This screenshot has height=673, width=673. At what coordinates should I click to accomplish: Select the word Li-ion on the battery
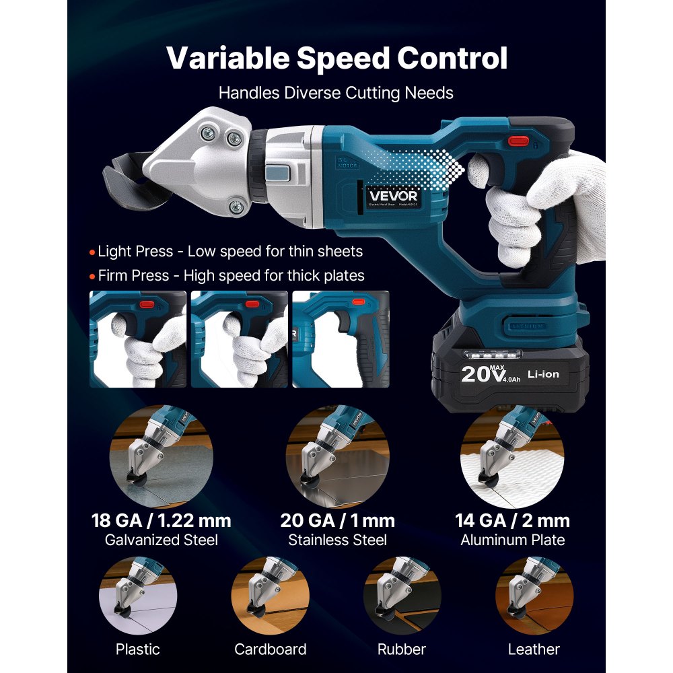542,374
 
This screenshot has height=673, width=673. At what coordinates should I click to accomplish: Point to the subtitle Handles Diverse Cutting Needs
336,93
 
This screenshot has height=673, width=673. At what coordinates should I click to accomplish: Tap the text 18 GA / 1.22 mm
162,520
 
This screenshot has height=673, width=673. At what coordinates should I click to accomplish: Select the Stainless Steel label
337,540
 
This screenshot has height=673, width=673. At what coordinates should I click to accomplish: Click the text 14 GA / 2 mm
513,520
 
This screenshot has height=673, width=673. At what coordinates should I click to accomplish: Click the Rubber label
402,649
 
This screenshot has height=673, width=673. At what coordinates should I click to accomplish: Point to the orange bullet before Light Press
93,252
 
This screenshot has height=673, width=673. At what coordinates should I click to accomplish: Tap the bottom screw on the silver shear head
235,207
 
